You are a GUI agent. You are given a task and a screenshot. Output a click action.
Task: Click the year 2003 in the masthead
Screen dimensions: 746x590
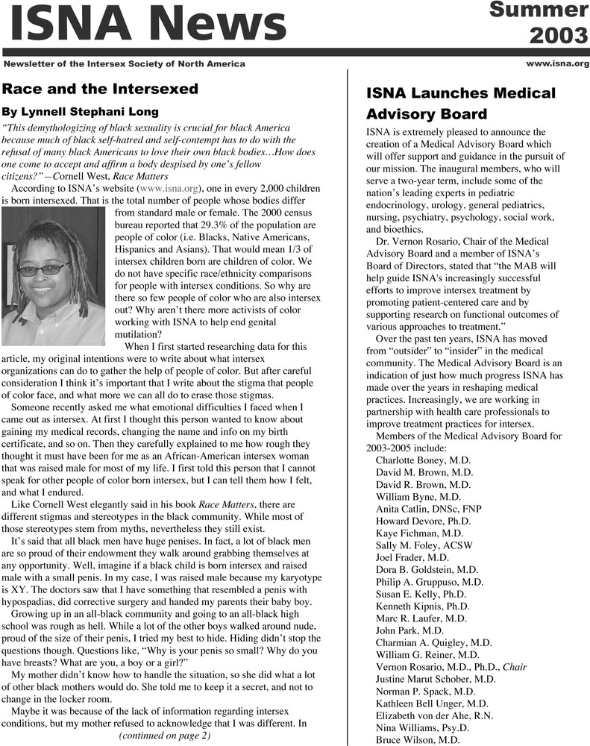coord(559,35)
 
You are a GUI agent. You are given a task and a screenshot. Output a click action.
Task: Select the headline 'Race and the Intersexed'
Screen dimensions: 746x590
coord(100,89)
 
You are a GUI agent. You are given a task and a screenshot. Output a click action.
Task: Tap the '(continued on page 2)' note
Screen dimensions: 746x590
coord(165,736)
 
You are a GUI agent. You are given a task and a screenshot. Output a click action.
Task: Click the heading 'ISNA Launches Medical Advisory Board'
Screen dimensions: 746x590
coord(461,104)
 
